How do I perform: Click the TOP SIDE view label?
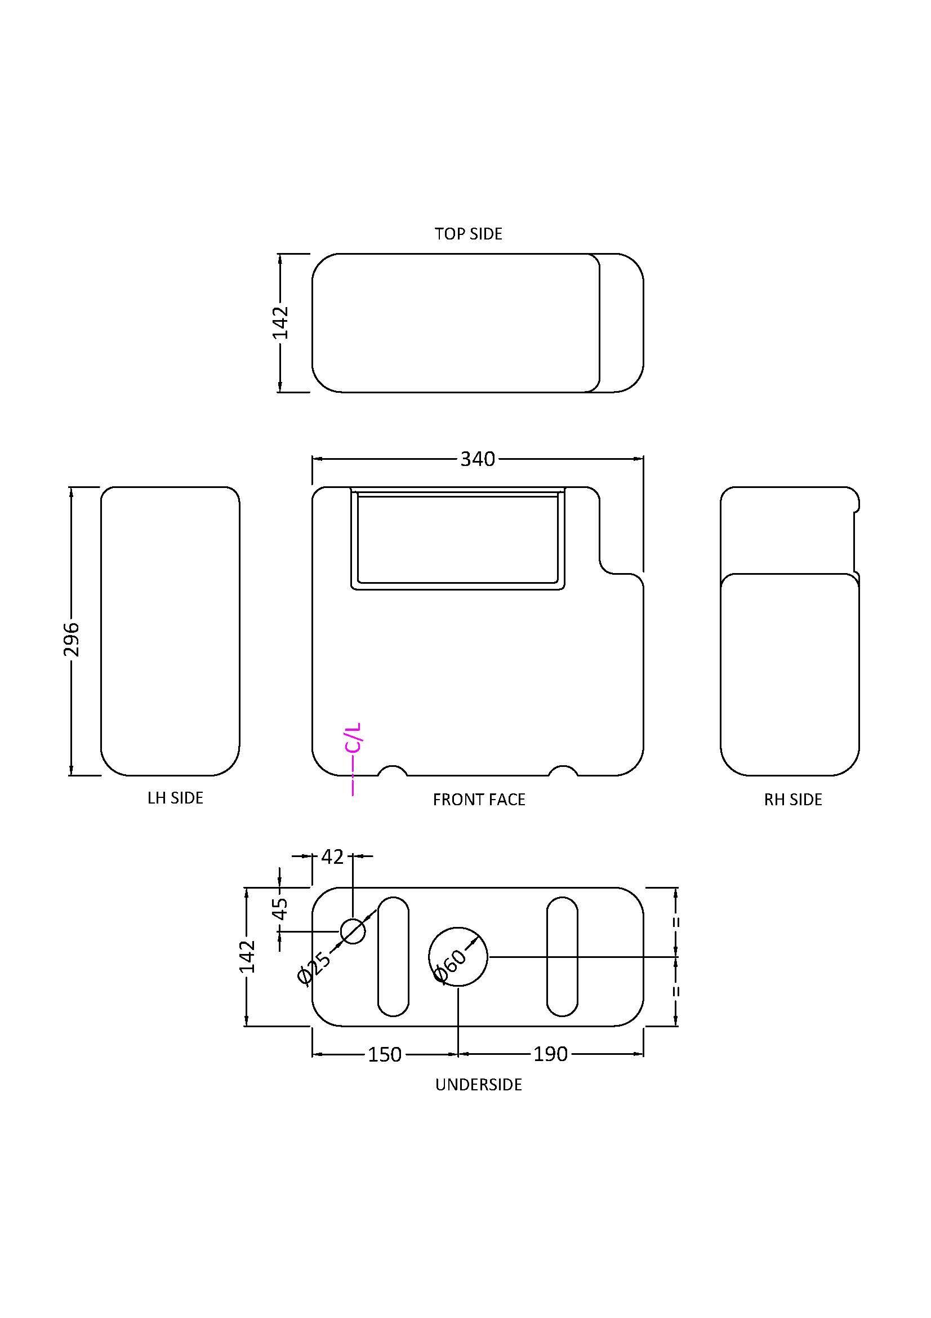[468, 234]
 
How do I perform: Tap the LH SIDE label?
[175, 798]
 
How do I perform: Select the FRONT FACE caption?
[479, 800]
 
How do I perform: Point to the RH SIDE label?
[793, 800]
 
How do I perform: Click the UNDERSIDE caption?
[478, 1084]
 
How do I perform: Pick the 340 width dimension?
[477, 459]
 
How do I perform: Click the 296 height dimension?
[72, 639]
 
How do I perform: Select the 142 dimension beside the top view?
[280, 323]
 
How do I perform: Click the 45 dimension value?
[280, 908]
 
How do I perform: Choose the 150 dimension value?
[384, 1054]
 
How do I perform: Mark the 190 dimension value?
[550, 1054]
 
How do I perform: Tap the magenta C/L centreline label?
[353, 738]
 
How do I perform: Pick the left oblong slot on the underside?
[393, 956]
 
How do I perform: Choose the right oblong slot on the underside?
[562, 956]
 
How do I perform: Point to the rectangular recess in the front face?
[457, 539]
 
